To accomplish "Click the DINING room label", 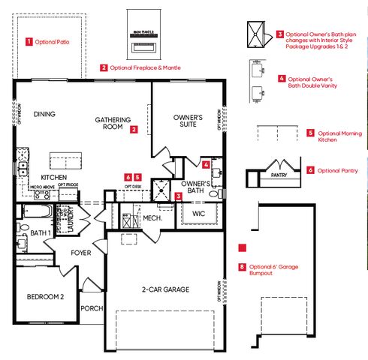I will click(x=44, y=114).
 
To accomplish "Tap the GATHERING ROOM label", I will click(x=113, y=124).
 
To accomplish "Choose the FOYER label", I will click(x=80, y=253).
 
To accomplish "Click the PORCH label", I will click(x=92, y=307).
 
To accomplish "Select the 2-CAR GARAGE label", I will click(x=163, y=289).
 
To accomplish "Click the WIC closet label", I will click(x=198, y=214).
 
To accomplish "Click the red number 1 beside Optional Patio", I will click(x=29, y=42).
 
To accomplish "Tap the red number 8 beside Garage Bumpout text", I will click(x=241, y=266).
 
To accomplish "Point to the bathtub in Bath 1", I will click(x=35, y=211).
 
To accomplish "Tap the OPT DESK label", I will click(x=132, y=185).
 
